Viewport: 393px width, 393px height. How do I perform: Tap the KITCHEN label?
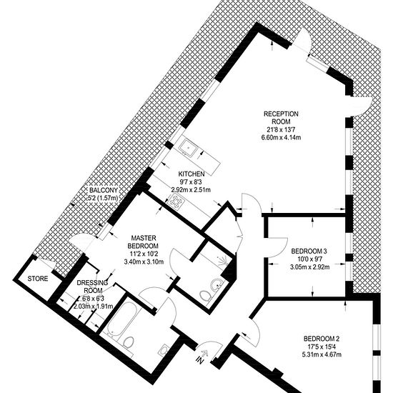(191, 174)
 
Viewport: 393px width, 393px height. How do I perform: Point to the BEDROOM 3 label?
(309, 251)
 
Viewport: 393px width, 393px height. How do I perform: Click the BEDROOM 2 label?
(322, 339)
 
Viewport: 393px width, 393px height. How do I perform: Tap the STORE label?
(38, 279)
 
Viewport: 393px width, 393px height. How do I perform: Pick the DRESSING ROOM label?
(92, 287)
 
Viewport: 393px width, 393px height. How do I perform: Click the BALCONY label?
(104, 190)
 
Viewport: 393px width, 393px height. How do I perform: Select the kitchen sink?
(189, 148)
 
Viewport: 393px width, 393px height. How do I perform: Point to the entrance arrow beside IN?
(205, 353)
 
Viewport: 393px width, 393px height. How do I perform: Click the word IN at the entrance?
(200, 361)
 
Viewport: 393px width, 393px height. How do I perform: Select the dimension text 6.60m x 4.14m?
(281, 138)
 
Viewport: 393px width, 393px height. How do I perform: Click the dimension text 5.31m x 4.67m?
(322, 354)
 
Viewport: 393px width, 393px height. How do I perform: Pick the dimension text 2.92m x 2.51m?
(191, 190)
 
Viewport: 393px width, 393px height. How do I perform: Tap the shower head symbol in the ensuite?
(224, 261)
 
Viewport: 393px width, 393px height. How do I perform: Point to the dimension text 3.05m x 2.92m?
(310, 267)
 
